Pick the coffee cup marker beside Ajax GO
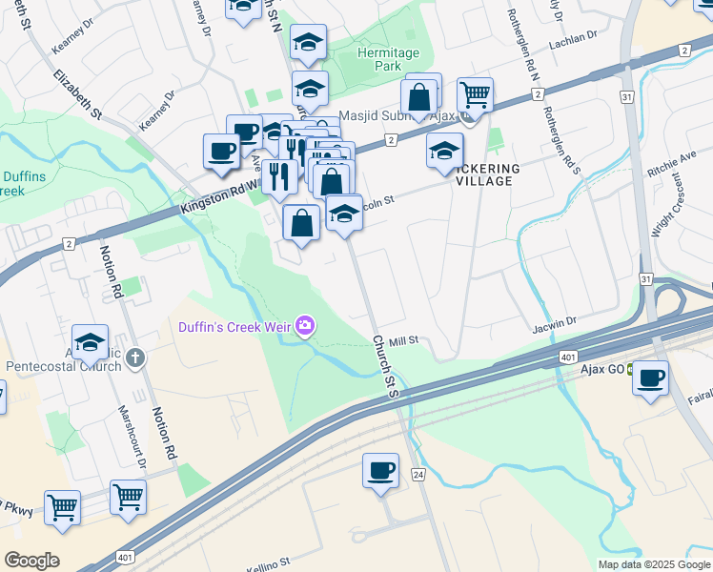tap(650, 378)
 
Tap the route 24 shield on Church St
tap(418, 474)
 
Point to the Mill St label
tap(404, 339)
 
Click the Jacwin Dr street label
tap(556, 324)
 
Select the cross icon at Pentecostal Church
tap(135, 359)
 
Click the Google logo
tap(31, 561)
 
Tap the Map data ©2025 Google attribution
tap(653, 564)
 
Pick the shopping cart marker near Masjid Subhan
tap(474, 95)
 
